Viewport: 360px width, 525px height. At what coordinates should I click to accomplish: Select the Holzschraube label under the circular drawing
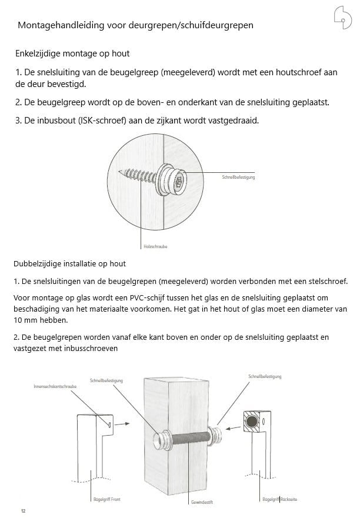click(x=155, y=246)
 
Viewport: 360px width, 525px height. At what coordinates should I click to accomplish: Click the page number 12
click(x=23, y=511)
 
